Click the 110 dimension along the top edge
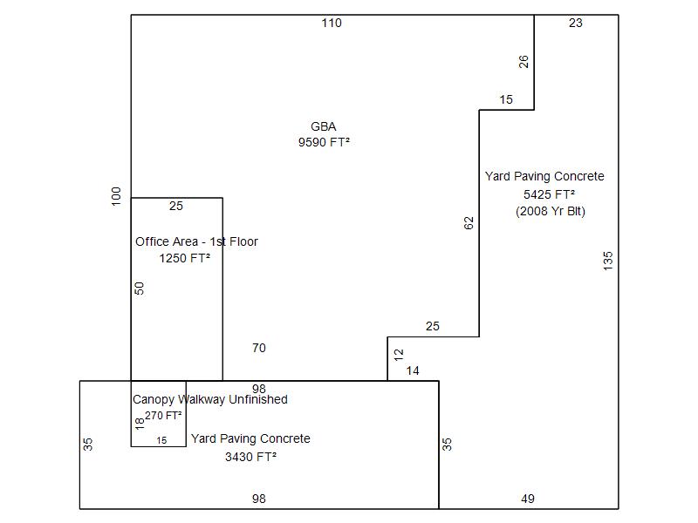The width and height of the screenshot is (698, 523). (x=332, y=24)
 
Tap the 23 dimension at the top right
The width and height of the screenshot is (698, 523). (x=576, y=24)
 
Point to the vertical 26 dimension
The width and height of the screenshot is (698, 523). (x=523, y=61)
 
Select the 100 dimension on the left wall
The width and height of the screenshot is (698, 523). (x=117, y=195)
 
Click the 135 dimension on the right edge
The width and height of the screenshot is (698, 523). (x=608, y=261)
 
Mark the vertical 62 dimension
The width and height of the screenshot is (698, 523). (x=469, y=222)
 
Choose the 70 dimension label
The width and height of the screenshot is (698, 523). (x=259, y=349)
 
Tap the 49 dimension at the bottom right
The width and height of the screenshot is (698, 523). (x=528, y=499)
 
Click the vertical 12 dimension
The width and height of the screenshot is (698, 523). (x=399, y=355)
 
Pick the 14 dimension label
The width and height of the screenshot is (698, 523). (x=413, y=371)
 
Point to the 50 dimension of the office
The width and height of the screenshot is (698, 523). (x=140, y=288)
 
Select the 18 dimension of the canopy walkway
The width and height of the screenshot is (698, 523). (x=140, y=423)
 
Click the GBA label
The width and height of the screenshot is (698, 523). (x=323, y=127)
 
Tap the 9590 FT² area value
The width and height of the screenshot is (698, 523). (x=324, y=143)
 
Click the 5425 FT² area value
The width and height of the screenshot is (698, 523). (x=549, y=194)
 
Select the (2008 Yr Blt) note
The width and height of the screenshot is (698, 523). (x=551, y=212)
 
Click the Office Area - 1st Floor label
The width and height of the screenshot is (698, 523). (x=196, y=242)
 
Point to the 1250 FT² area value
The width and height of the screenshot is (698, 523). (x=184, y=259)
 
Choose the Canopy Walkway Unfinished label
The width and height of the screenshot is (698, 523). (x=209, y=400)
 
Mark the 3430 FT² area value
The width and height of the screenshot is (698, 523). (x=250, y=457)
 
